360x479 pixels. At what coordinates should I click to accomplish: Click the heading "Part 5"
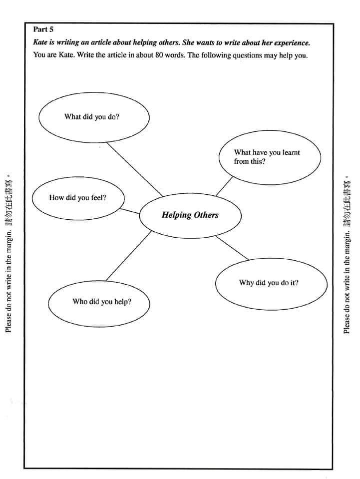[x=43, y=29]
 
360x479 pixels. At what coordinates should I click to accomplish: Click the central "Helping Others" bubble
[x=190, y=215]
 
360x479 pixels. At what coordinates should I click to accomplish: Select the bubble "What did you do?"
[x=94, y=117]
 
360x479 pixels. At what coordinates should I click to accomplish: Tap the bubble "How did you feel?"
[x=78, y=198]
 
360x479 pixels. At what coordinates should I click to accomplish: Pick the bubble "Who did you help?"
[x=99, y=302]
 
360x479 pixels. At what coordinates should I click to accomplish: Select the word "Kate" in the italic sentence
[x=40, y=43]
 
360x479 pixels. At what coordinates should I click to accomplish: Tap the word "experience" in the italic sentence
[x=291, y=43]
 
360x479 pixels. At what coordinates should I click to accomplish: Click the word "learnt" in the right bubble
[x=291, y=153]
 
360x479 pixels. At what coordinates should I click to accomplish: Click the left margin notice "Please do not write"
[x=8, y=280]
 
